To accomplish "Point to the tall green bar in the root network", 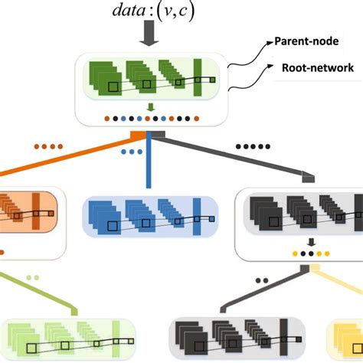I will tap(198, 78).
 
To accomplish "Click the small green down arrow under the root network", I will tap(150, 107).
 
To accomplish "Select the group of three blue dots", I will tap(132, 152).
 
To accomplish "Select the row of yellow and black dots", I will tap(310, 253).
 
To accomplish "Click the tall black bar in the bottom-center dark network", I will tap(283, 336).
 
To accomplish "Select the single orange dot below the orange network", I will tap(2, 250).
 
